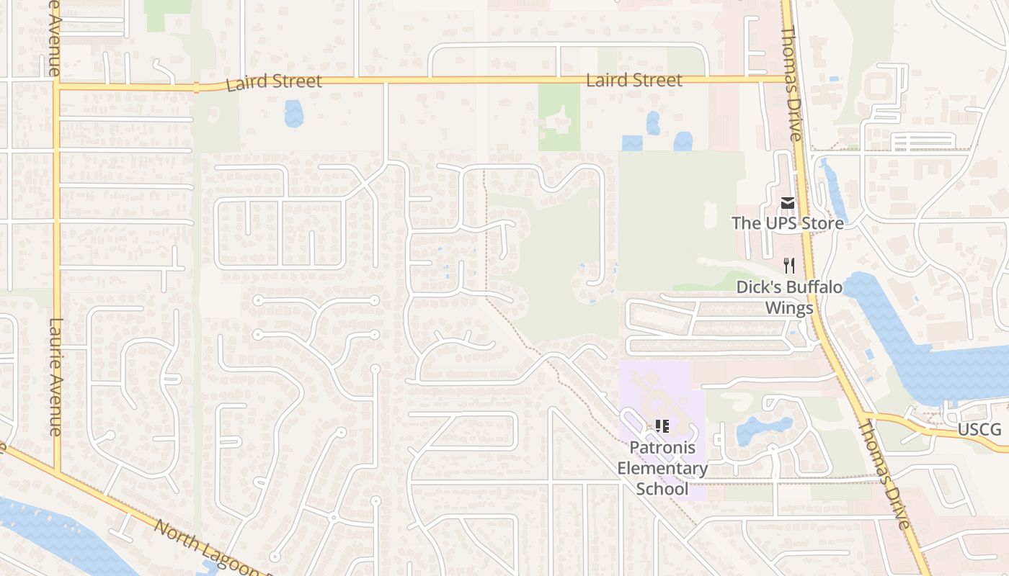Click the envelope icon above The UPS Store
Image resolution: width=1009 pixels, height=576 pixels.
click(787, 204)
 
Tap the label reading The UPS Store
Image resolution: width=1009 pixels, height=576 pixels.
click(787, 223)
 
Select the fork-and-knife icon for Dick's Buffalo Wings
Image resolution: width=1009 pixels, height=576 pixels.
click(788, 266)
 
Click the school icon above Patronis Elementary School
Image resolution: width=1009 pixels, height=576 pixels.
click(662, 426)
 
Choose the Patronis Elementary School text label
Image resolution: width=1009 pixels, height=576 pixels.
click(662, 468)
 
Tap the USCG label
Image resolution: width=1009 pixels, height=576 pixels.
click(979, 430)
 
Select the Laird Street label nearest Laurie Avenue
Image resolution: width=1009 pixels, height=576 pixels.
click(274, 82)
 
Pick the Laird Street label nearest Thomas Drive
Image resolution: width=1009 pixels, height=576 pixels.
click(634, 80)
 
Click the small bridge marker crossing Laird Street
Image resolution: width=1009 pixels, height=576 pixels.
click(196, 88)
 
